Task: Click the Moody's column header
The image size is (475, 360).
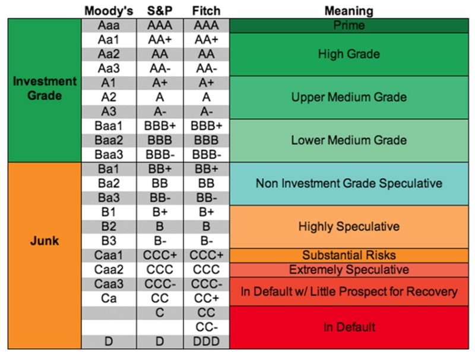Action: (108, 11)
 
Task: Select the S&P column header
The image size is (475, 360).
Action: (159, 11)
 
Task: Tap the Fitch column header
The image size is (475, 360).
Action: (206, 11)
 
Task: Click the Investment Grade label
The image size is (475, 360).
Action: (45, 88)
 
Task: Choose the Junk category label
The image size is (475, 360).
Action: (45, 242)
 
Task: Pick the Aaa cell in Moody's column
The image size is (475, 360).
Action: (108, 26)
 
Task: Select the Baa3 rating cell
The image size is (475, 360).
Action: (108, 154)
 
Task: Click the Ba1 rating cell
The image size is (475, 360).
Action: (108, 169)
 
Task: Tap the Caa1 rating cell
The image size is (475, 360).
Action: (108, 255)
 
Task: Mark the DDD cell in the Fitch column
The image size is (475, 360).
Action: (206, 342)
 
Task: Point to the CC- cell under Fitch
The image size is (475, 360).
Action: (206, 327)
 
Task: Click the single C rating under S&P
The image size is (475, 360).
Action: (159, 313)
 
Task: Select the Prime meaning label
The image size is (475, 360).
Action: (349, 26)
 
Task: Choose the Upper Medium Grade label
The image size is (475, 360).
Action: (349, 97)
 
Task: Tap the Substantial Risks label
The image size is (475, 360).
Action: (349, 255)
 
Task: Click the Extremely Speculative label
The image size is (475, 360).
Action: (349, 270)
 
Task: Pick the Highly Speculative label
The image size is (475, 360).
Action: (349, 226)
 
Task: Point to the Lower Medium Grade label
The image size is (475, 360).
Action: (349, 141)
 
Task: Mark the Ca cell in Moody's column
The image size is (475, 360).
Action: (108, 298)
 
